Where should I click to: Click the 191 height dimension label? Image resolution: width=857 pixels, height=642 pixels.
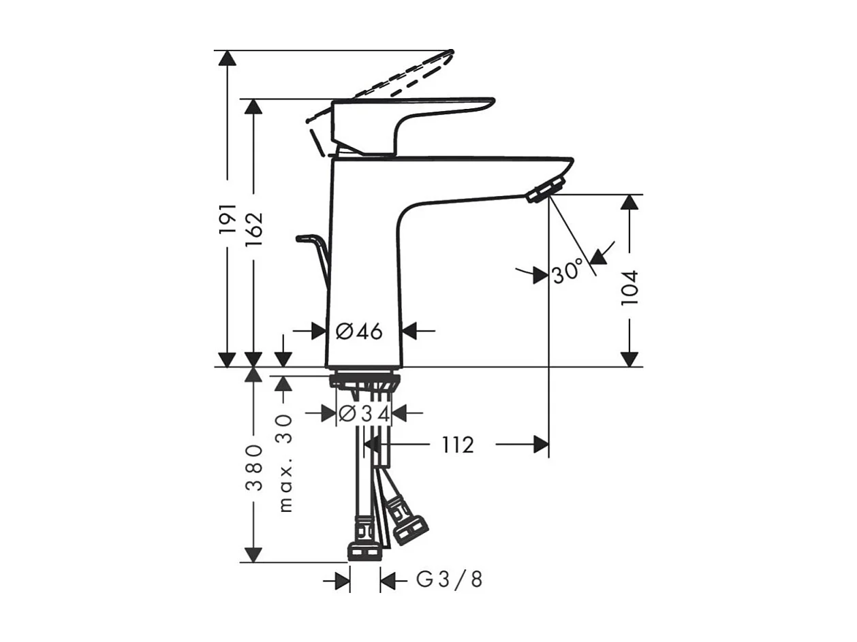point(228,219)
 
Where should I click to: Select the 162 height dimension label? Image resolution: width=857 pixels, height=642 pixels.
point(253,229)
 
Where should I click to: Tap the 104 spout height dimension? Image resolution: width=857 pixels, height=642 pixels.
point(629,288)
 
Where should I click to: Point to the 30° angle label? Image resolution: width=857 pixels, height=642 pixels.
point(567,271)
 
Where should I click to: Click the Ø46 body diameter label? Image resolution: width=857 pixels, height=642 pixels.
point(359,332)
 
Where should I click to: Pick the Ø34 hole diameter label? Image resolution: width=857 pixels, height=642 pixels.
point(364,413)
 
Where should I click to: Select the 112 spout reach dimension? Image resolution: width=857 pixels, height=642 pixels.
point(458,445)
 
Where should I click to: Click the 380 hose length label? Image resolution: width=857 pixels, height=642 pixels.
point(254,467)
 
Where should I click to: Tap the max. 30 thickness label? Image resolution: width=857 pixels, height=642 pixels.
point(285,463)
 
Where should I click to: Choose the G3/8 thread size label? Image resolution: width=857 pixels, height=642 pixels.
point(449,579)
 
